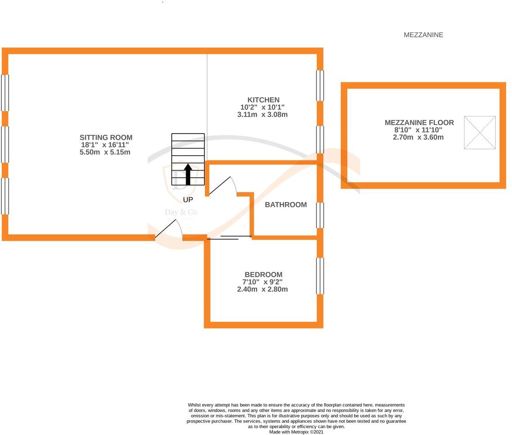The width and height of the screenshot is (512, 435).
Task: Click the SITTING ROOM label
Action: [106, 138]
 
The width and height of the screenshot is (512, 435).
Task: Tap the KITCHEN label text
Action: [263, 100]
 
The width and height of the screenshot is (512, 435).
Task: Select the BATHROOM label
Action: [285, 205]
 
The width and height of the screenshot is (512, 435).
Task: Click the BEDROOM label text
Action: [263, 274]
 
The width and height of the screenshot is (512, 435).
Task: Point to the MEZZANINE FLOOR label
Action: [419, 122]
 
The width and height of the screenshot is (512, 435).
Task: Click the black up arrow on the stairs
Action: [188, 174]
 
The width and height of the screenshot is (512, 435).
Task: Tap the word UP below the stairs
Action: [188, 199]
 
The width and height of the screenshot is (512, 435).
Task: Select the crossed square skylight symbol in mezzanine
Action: [480, 133]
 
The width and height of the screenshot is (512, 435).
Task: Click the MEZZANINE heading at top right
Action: [423, 35]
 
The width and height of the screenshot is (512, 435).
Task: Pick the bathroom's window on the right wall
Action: [320, 215]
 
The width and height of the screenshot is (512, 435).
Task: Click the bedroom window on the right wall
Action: [320, 276]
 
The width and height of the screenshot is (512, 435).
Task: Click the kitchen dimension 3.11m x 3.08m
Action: [263, 115]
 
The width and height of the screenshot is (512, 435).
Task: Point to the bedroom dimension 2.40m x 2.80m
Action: [263, 289]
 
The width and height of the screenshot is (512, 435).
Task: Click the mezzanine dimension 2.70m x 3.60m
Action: [418, 137]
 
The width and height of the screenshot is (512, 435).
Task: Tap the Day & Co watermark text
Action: [180, 212]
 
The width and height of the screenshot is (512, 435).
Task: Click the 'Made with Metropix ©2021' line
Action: [296, 432]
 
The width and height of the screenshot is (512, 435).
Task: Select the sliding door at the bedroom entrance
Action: [229, 237]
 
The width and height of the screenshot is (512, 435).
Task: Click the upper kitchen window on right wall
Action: [320, 85]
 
